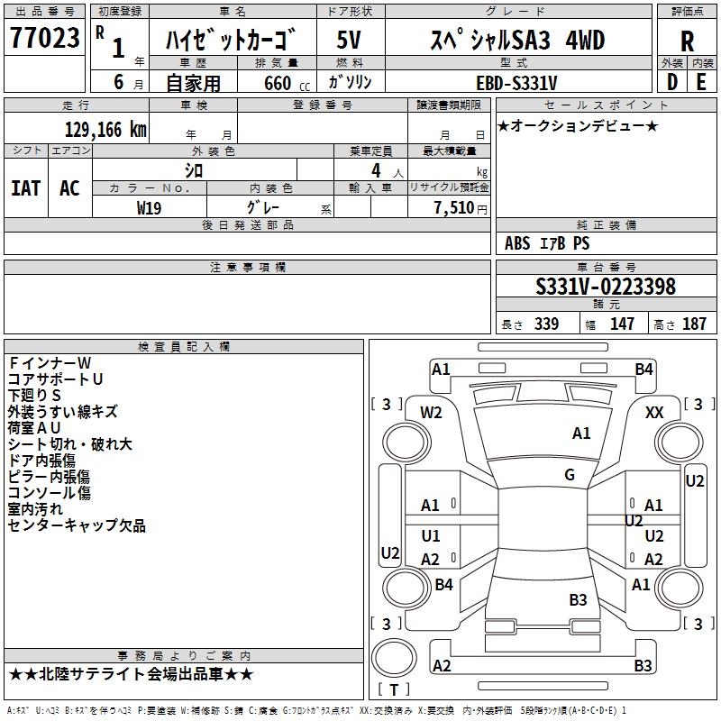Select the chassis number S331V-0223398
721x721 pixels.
tap(606, 287)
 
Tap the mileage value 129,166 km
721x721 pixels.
tap(105, 130)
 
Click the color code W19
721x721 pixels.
tap(150, 207)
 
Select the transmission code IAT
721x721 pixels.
tap(26, 188)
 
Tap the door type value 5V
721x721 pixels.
tap(351, 41)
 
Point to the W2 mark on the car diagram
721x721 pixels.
tap(432, 412)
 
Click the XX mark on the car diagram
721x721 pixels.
tap(655, 412)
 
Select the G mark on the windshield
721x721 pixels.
tap(570, 475)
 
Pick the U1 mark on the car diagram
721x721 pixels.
tap(431, 536)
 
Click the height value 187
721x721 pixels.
tap(694, 324)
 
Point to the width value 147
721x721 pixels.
tap(622, 324)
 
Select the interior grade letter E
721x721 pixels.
tap(701, 82)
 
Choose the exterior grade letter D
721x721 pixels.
tap(671, 82)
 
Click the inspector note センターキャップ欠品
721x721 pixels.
tap(77, 525)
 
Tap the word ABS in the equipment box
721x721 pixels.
tap(517, 243)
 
